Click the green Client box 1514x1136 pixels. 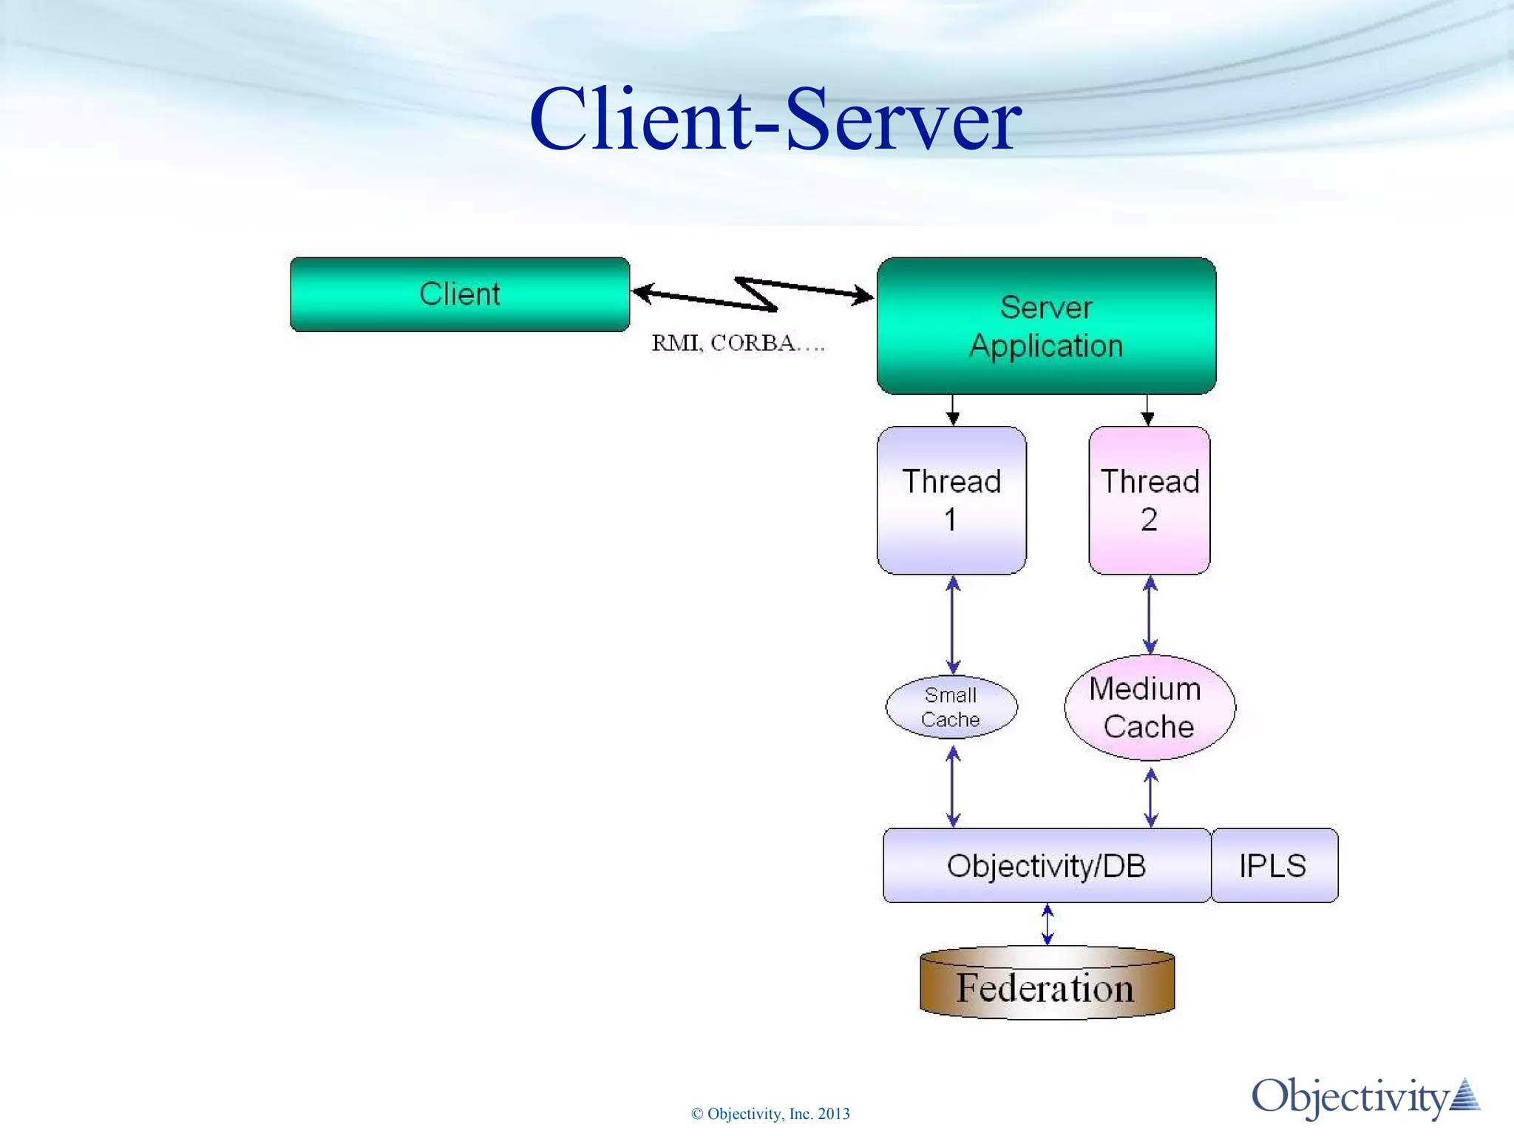[x=459, y=294]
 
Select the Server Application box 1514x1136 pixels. [x=1045, y=326]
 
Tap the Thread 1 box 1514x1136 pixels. [x=951, y=500]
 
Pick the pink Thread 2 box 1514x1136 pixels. [x=1149, y=500]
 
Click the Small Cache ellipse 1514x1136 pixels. [x=951, y=707]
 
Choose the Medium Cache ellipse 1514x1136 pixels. [x=1149, y=708]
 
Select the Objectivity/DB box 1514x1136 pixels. [x=1046, y=865]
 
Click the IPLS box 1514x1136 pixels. [x=1274, y=865]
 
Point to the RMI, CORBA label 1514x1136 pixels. [x=737, y=343]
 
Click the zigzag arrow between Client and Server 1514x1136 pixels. [x=754, y=294]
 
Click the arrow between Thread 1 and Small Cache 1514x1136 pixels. [x=953, y=625]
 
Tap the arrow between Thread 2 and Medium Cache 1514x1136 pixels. [x=1150, y=615]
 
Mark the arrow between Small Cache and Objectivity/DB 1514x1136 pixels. [x=953, y=786]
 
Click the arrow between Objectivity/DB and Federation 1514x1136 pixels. [x=1048, y=924]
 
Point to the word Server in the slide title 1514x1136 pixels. [x=903, y=120]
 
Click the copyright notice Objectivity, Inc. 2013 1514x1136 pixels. [x=770, y=1114]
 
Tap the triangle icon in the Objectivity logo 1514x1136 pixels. [x=1465, y=1096]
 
